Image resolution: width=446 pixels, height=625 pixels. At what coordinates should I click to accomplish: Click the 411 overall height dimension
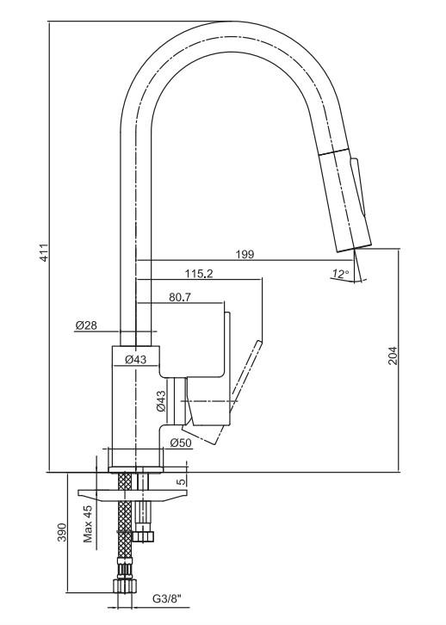(46, 252)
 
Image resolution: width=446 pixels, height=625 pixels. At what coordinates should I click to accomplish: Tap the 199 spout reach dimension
(245, 254)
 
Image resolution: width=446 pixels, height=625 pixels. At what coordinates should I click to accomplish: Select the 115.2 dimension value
(199, 274)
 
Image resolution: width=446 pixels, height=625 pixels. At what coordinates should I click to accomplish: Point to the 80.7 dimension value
(180, 297)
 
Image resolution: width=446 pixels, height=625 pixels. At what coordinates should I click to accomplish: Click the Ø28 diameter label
(86, 325)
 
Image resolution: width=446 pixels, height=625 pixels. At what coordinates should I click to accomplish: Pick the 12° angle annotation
(340, 274)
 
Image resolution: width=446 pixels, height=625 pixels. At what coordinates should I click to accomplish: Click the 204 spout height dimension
(393, 356)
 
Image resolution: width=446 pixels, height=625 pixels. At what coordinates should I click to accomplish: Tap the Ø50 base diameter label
(181, 442)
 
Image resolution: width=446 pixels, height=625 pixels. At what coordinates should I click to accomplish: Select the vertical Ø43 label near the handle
(161, 401)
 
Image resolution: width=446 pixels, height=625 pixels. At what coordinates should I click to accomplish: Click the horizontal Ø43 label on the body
(136, 360)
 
